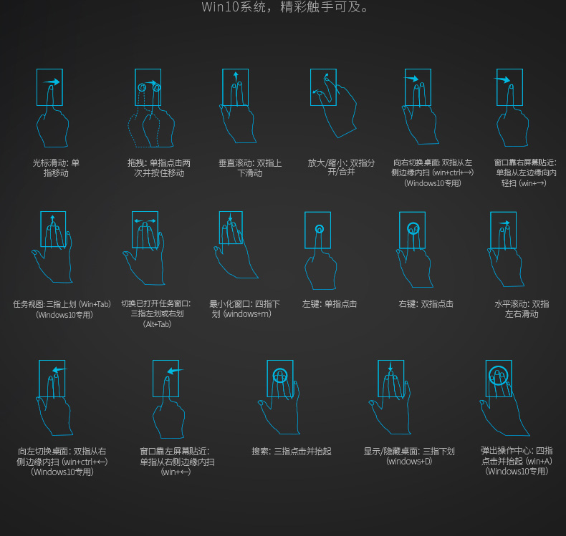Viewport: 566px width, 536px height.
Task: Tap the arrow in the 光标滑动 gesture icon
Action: (x=52, y=82)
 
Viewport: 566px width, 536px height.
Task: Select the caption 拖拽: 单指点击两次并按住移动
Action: (x=159, y=168)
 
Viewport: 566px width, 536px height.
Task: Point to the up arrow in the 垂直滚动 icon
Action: (x=236, y=77)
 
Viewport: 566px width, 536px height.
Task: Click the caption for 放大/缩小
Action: (x=341, y=167)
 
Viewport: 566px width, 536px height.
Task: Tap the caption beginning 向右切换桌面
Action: (x=433, y=172)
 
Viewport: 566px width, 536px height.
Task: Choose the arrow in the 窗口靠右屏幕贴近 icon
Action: (x=502, y=79)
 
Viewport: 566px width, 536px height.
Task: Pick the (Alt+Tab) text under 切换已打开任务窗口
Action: (x=157, y=324)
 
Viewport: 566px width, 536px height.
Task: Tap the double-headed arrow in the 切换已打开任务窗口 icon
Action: (x=145, y=220)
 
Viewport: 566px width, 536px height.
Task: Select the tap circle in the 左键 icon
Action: (x=319, y=229)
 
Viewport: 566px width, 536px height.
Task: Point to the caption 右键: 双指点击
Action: (x=426, y=304)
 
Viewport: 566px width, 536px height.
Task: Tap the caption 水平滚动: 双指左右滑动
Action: (x=522, y=309)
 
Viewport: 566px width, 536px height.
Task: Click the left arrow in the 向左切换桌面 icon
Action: (x=59, y=370)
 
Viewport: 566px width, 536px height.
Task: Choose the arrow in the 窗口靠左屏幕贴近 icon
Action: (x=175, y=371)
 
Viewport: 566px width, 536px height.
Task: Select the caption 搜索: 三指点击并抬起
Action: (x=292, y=452)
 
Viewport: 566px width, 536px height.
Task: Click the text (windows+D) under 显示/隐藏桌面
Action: (x=409, y=462)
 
